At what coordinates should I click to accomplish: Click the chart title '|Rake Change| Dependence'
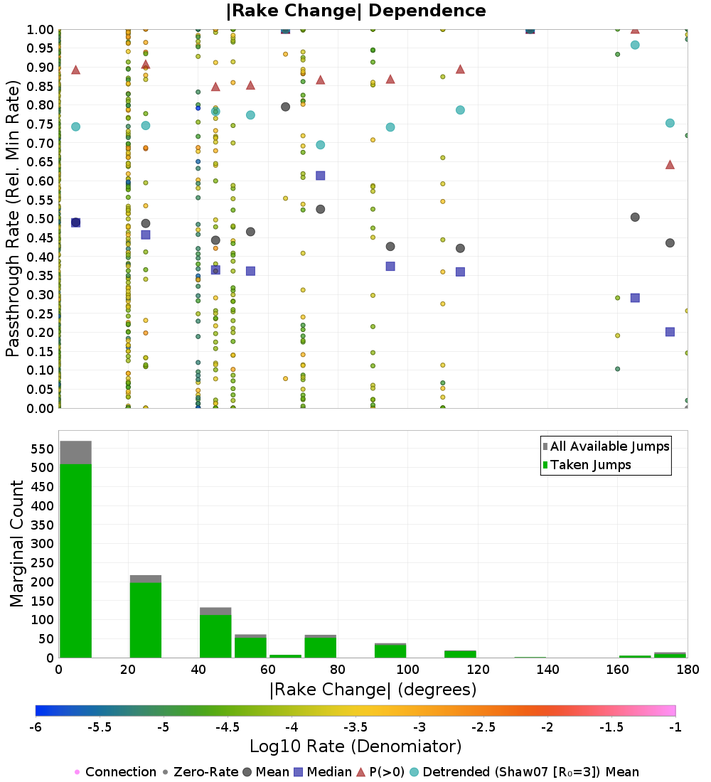click(355, 11)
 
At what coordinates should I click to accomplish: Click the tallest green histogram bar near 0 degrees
click(76, 561)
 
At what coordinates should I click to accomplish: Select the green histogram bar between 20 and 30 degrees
click(146, 620)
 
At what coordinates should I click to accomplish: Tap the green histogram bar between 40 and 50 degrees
click(215, 636)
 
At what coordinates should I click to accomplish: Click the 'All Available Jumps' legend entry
click(606, 446)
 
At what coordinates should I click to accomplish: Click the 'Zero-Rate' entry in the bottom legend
click(201, 772)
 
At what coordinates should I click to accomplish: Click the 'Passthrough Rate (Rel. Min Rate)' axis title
click(13, 218)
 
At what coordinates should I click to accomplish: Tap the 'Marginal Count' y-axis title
click(16, 544)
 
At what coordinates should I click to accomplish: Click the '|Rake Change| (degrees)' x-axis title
click(373, 690)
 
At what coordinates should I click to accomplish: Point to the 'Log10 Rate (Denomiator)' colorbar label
click(355, 746)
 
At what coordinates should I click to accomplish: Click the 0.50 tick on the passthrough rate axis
click(40, 219)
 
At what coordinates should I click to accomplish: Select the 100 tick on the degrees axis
click(407, 669)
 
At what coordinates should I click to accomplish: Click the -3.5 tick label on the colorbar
click(355, 727)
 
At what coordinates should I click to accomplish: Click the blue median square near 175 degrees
click(670, 332)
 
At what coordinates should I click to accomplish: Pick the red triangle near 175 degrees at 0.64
click(670, 165)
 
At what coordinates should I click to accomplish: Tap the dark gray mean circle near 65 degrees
click(285, 107)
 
